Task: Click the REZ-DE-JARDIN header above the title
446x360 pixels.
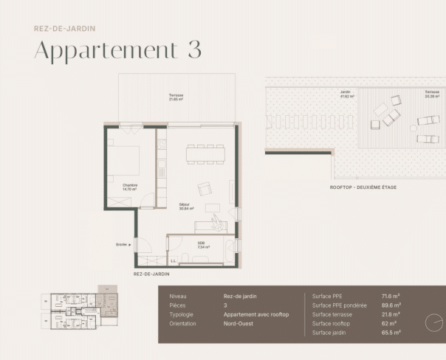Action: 64,29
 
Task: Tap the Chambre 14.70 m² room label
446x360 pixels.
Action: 131,186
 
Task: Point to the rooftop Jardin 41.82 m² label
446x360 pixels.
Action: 347,94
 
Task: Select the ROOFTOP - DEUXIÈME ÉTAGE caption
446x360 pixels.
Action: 363,187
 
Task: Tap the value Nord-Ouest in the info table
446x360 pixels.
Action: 239,323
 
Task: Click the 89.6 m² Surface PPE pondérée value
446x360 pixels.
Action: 391,305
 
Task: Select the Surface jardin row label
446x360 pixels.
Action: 328,333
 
